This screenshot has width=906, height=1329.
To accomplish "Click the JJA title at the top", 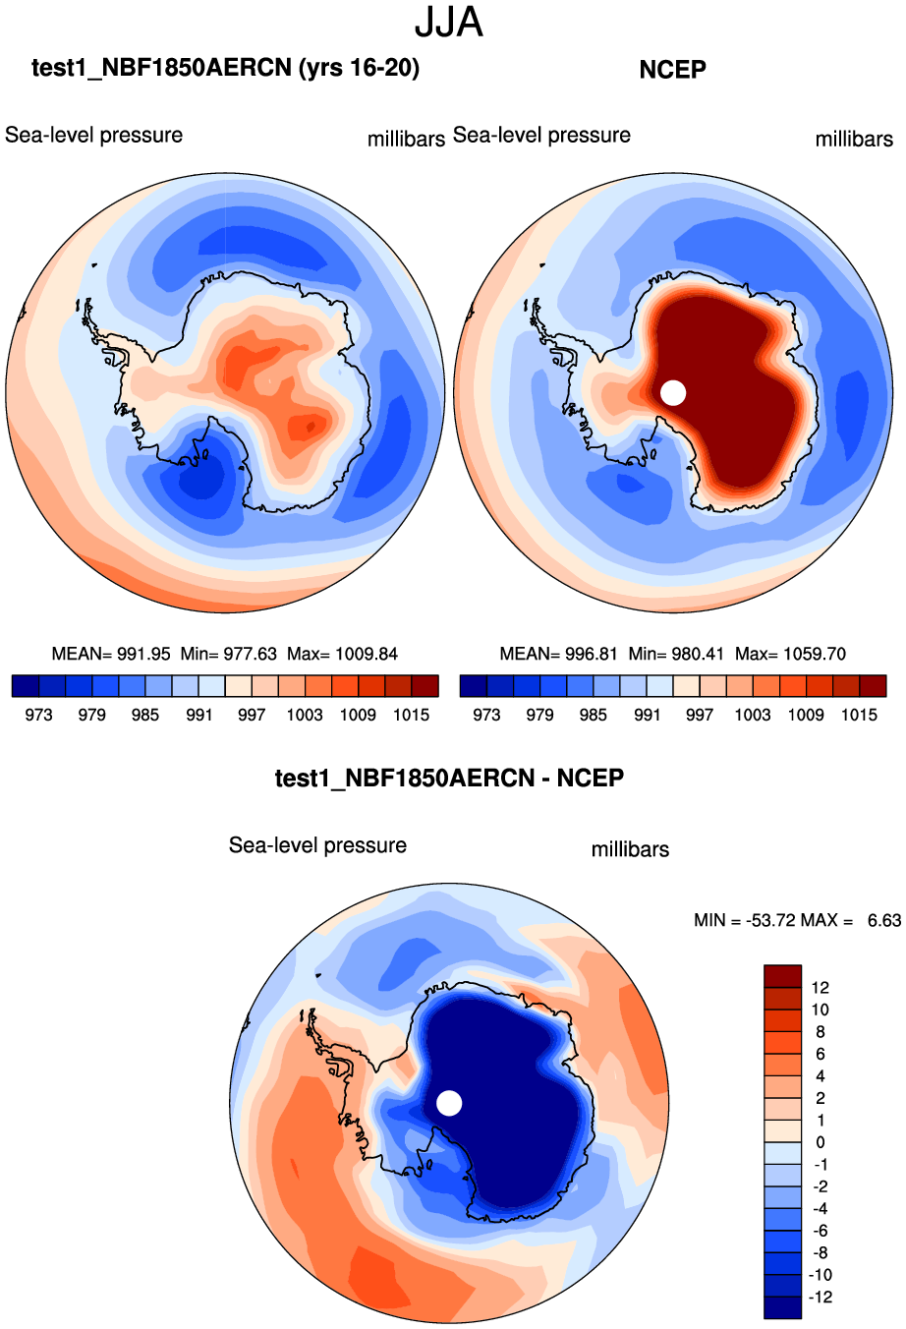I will (x=449, y=22).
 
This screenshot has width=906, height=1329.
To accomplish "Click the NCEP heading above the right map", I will (x=672, y=70).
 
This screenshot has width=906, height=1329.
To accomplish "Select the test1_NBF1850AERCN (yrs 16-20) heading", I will (x=225, y=68).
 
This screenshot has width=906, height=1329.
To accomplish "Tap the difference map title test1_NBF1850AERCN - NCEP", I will (x=449, y=779).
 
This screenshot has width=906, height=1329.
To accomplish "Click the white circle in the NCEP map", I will (x=673, y=392).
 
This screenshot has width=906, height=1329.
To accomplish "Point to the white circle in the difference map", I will (x=449, y=1103).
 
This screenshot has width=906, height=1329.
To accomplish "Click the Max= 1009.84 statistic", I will (x=342, y=654).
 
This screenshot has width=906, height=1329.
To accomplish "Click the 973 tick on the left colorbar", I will (x=38, y=715).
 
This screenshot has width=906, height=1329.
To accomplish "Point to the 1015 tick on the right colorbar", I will (x=859, y=715).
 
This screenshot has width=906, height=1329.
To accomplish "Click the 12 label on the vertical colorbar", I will (x=821, y=988).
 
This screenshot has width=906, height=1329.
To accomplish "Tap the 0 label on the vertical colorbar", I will (x=821, y=1142).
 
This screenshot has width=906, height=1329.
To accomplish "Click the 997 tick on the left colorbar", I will (x=252, y=715).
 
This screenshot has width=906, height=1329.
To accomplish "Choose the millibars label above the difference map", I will (x=630, y=849).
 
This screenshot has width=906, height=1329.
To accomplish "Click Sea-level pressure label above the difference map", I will (x=317, y=845).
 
